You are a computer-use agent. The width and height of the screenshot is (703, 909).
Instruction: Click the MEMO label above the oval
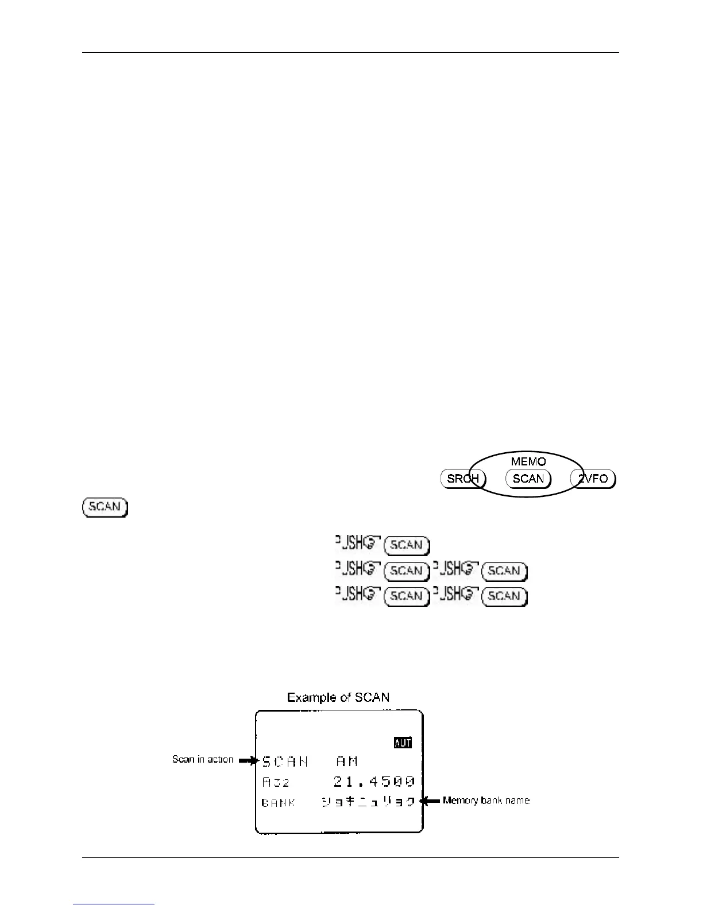[x=528, y=461]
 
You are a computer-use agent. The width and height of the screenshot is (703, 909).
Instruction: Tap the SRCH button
[x=463, y=479]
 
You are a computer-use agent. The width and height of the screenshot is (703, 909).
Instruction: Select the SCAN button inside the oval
[x=528, y=479]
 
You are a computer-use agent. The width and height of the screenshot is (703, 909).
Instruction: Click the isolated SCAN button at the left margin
[x=105, y=507]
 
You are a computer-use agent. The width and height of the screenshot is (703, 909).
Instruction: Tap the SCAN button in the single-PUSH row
[x=406, y=545]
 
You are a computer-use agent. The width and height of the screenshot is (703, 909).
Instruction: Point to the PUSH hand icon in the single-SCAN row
[x=357, y=543]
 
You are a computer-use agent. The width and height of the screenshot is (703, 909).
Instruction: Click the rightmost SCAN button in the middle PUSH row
[x=504, y=571]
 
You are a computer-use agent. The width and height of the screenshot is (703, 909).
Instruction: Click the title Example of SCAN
[x=338, y=698]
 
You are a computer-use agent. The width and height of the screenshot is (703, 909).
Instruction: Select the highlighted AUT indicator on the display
[x=403, y=743]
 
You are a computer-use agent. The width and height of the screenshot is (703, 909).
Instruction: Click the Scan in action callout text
[x=203, y=759]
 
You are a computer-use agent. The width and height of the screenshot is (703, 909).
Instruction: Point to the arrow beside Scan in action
[x=249, y=761]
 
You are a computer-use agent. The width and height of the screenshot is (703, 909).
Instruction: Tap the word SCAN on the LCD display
[x=285, y=762]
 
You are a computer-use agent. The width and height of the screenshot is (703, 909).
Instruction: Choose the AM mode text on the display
[x=347, y=762]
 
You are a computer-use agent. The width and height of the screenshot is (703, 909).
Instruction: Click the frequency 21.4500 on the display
[x=374, y=782]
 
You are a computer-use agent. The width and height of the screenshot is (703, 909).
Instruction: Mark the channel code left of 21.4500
[x=276, y=782]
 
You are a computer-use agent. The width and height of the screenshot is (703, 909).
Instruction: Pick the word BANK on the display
[x=279, y=802]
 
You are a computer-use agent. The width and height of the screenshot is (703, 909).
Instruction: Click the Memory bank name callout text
[x=486, y=800]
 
